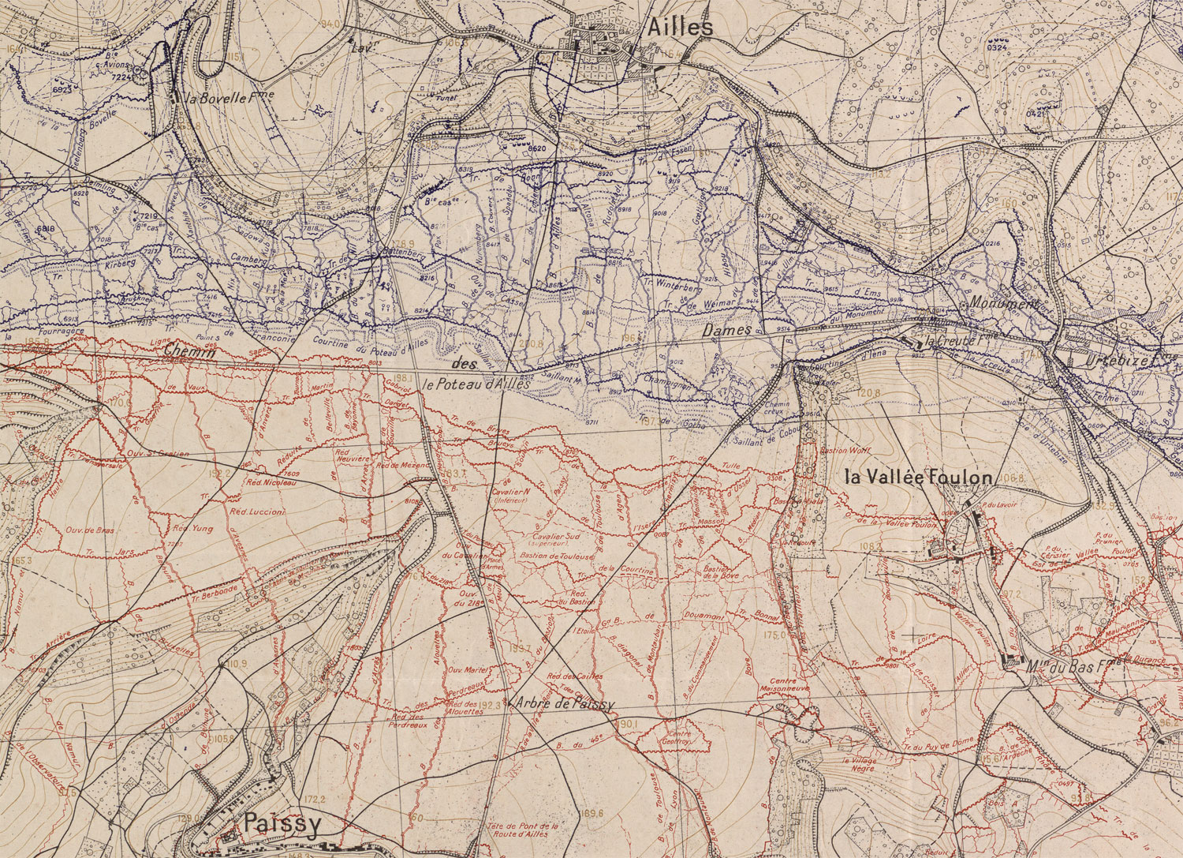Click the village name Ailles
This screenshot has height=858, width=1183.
(x=679, y=28)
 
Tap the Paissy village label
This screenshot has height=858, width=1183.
(x=282, y=825)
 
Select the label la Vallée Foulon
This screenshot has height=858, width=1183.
(x=917, y=478)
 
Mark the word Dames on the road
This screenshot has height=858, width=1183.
(x=726, y=332)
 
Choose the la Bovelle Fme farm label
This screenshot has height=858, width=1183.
(x=214, y=100)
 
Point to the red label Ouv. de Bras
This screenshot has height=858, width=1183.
(x=91, y=530)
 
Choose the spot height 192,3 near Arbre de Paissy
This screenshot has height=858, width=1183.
(x=490, y=705)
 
